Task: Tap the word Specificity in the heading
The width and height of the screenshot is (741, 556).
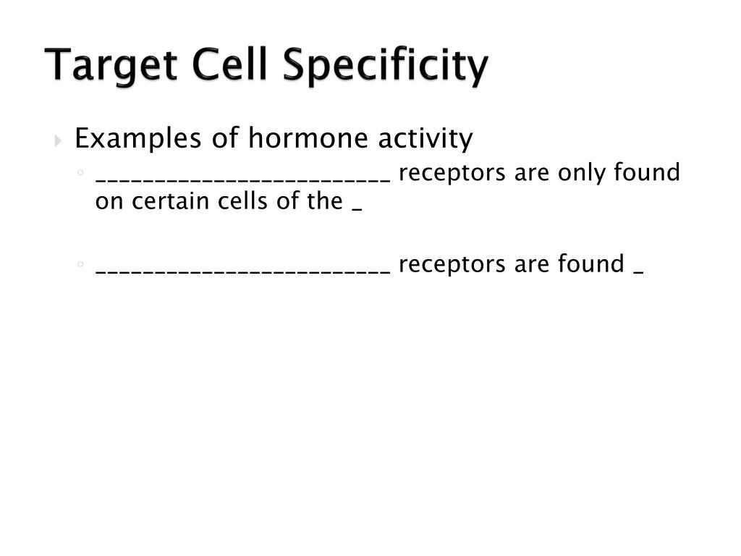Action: pyautogui.click(x=386, y=66)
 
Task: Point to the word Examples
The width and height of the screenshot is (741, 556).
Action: pyautogui.click(x=138, y=138)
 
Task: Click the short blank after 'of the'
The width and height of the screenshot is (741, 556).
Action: pyautogui.click(x=356, y=209)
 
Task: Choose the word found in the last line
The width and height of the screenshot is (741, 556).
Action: pyautogui.click(x=590, y=264)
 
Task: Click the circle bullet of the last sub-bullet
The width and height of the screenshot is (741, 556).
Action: pyautogui.click(x=82, y=265)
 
